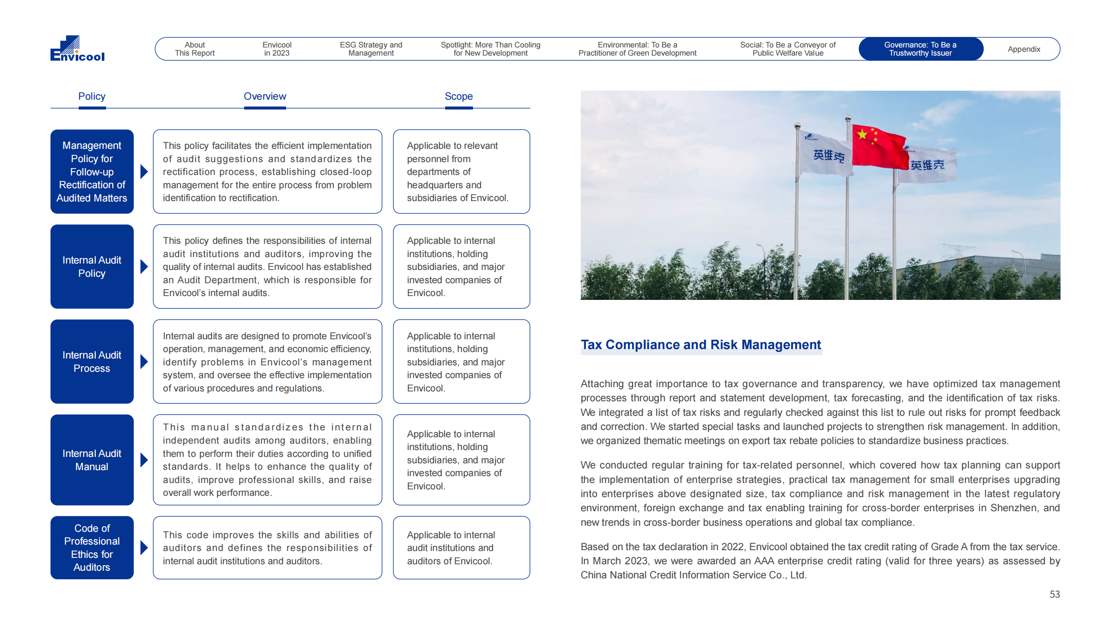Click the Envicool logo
[x=77, y=48]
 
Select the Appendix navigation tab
[x=1023, y=49]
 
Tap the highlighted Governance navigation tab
[x=920, y=49]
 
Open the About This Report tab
[x=195, y=49]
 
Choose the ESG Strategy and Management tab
[x=371, y=49]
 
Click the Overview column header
[x=264, y=96]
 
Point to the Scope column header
[x=458, y=96]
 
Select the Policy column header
[x=92, y=96]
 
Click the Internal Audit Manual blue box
[x=92, y=460]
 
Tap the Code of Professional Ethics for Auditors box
[x=92, y=547]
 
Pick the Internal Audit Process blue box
[x=92, y=361]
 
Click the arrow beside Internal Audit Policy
[x=144, y=267]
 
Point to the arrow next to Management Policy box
[x=144, y=172]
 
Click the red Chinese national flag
[x=879, y=147]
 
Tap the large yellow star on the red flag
[x=862, y=134]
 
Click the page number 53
[x=1054, y=594]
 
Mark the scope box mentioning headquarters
[x=461, y=172]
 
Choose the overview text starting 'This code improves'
[x=267, y=547]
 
